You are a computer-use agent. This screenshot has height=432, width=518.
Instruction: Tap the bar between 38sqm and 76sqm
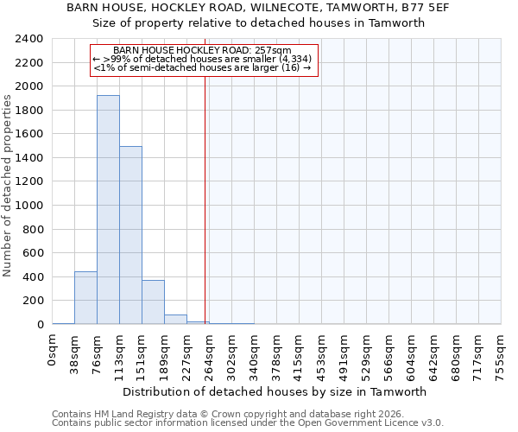[85, 298]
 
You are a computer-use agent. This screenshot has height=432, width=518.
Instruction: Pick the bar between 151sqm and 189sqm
[153, 302]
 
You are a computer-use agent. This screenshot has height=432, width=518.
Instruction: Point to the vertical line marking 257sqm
[205, 199]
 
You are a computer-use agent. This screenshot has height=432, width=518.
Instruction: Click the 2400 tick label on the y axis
[29, 39]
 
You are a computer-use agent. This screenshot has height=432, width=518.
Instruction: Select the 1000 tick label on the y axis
[29, 206]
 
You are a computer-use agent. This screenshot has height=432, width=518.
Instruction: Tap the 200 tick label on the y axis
[33, 301]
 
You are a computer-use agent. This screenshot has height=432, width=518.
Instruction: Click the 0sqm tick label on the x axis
[53, 351]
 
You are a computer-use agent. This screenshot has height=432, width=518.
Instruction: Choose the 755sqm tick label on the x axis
[502, 354]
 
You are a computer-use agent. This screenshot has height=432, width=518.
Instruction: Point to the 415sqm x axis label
[300, 354]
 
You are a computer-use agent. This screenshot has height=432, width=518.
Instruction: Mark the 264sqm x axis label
[210, 354]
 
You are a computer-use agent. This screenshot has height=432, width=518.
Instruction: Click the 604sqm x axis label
[412, 354]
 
